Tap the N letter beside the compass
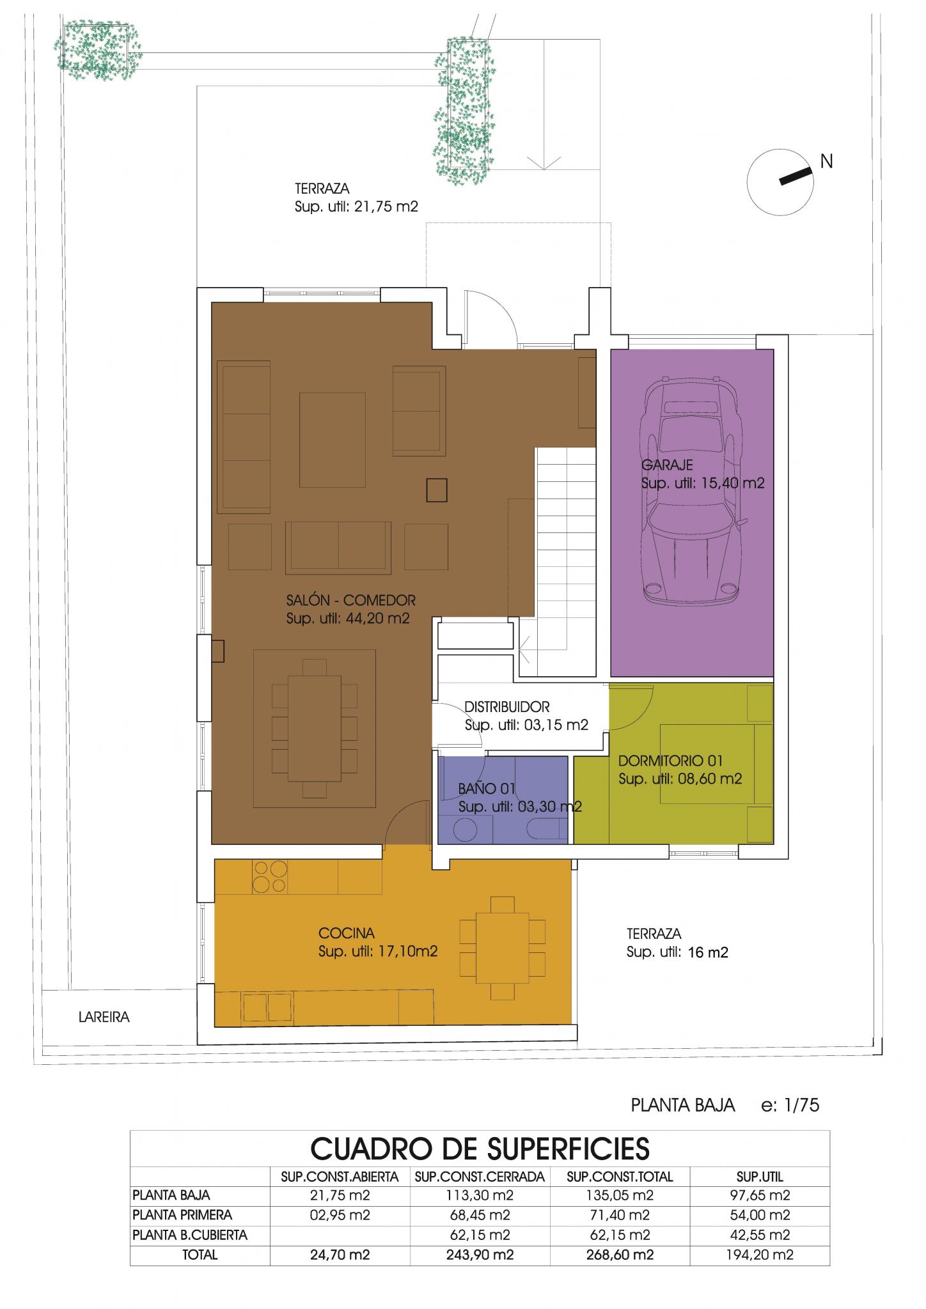coord(826,162)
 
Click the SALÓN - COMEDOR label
coord(351,600)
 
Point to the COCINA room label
coord(346,933)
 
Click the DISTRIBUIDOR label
coord(507,707)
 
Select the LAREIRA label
coord(104,1017)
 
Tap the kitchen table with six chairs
coord(502,948)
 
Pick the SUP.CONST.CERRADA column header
coord(480,1176)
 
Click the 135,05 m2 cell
coord(620,1195)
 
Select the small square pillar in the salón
coord(436,490)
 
